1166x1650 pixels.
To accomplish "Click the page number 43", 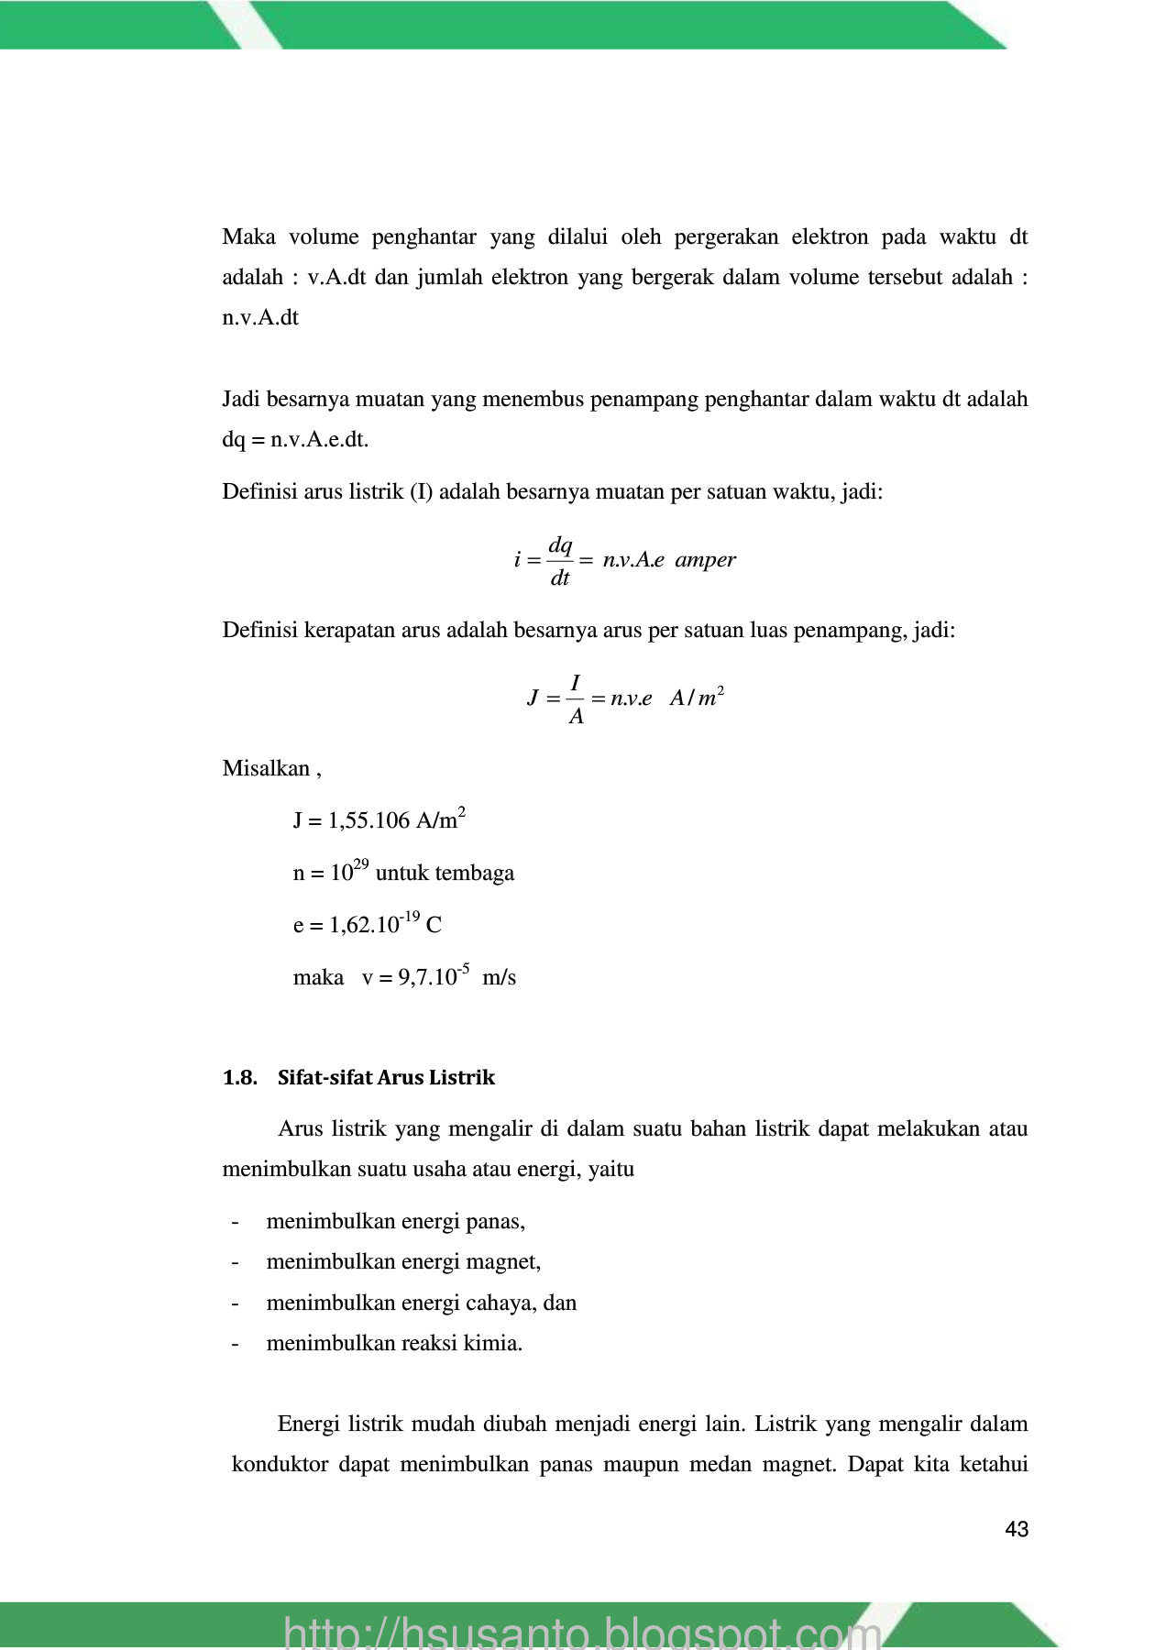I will [1017, 1529].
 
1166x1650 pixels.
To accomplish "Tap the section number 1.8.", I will [239, 1077].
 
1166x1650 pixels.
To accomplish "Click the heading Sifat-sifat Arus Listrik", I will [386, 1077].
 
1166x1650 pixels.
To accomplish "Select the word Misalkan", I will [267, 768].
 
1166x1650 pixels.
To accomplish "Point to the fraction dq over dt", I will [560, 561].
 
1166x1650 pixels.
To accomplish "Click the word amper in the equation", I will [705, 560].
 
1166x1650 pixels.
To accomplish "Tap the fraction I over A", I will [576, 699].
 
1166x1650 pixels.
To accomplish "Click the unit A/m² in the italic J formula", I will [697, 698].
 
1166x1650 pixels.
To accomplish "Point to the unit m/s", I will [499, 977].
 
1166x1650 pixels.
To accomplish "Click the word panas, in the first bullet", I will [495, 1221].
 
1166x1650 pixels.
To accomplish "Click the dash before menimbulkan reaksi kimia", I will [236, 1344].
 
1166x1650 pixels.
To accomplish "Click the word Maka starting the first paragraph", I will [249, 237].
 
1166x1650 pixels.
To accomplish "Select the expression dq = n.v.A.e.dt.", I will [295, 440].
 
